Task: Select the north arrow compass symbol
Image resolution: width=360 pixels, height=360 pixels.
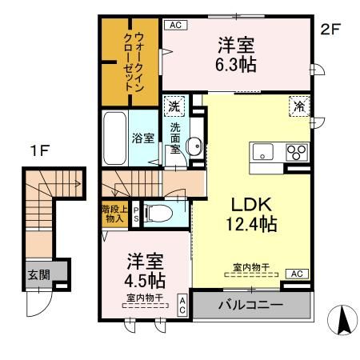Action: point(344,321)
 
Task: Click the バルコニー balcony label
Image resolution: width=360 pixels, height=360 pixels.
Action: point(252,306)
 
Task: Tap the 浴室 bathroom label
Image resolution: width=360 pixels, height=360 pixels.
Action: point(142,138)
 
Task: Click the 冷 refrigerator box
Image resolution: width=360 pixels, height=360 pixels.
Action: point(298,105)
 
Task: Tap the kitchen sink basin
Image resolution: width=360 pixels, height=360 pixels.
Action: point(263,152)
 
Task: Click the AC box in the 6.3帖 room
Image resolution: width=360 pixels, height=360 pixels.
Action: point(176,26)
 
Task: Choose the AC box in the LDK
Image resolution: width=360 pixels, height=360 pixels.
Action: point(296,274)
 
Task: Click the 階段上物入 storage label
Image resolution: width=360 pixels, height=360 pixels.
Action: point(113,214)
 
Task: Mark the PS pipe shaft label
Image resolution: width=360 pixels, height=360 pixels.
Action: point(135,213)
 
